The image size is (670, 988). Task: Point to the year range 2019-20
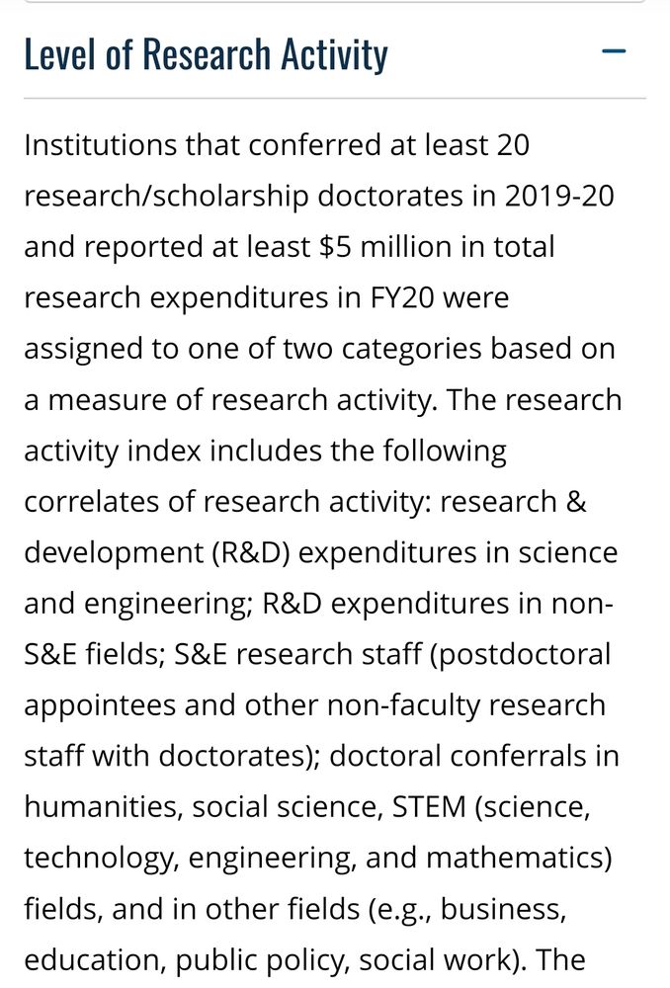(x=558, y=196)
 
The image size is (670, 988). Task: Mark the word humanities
(x=99, y=807)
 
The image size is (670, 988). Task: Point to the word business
(x=503, y=909)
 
